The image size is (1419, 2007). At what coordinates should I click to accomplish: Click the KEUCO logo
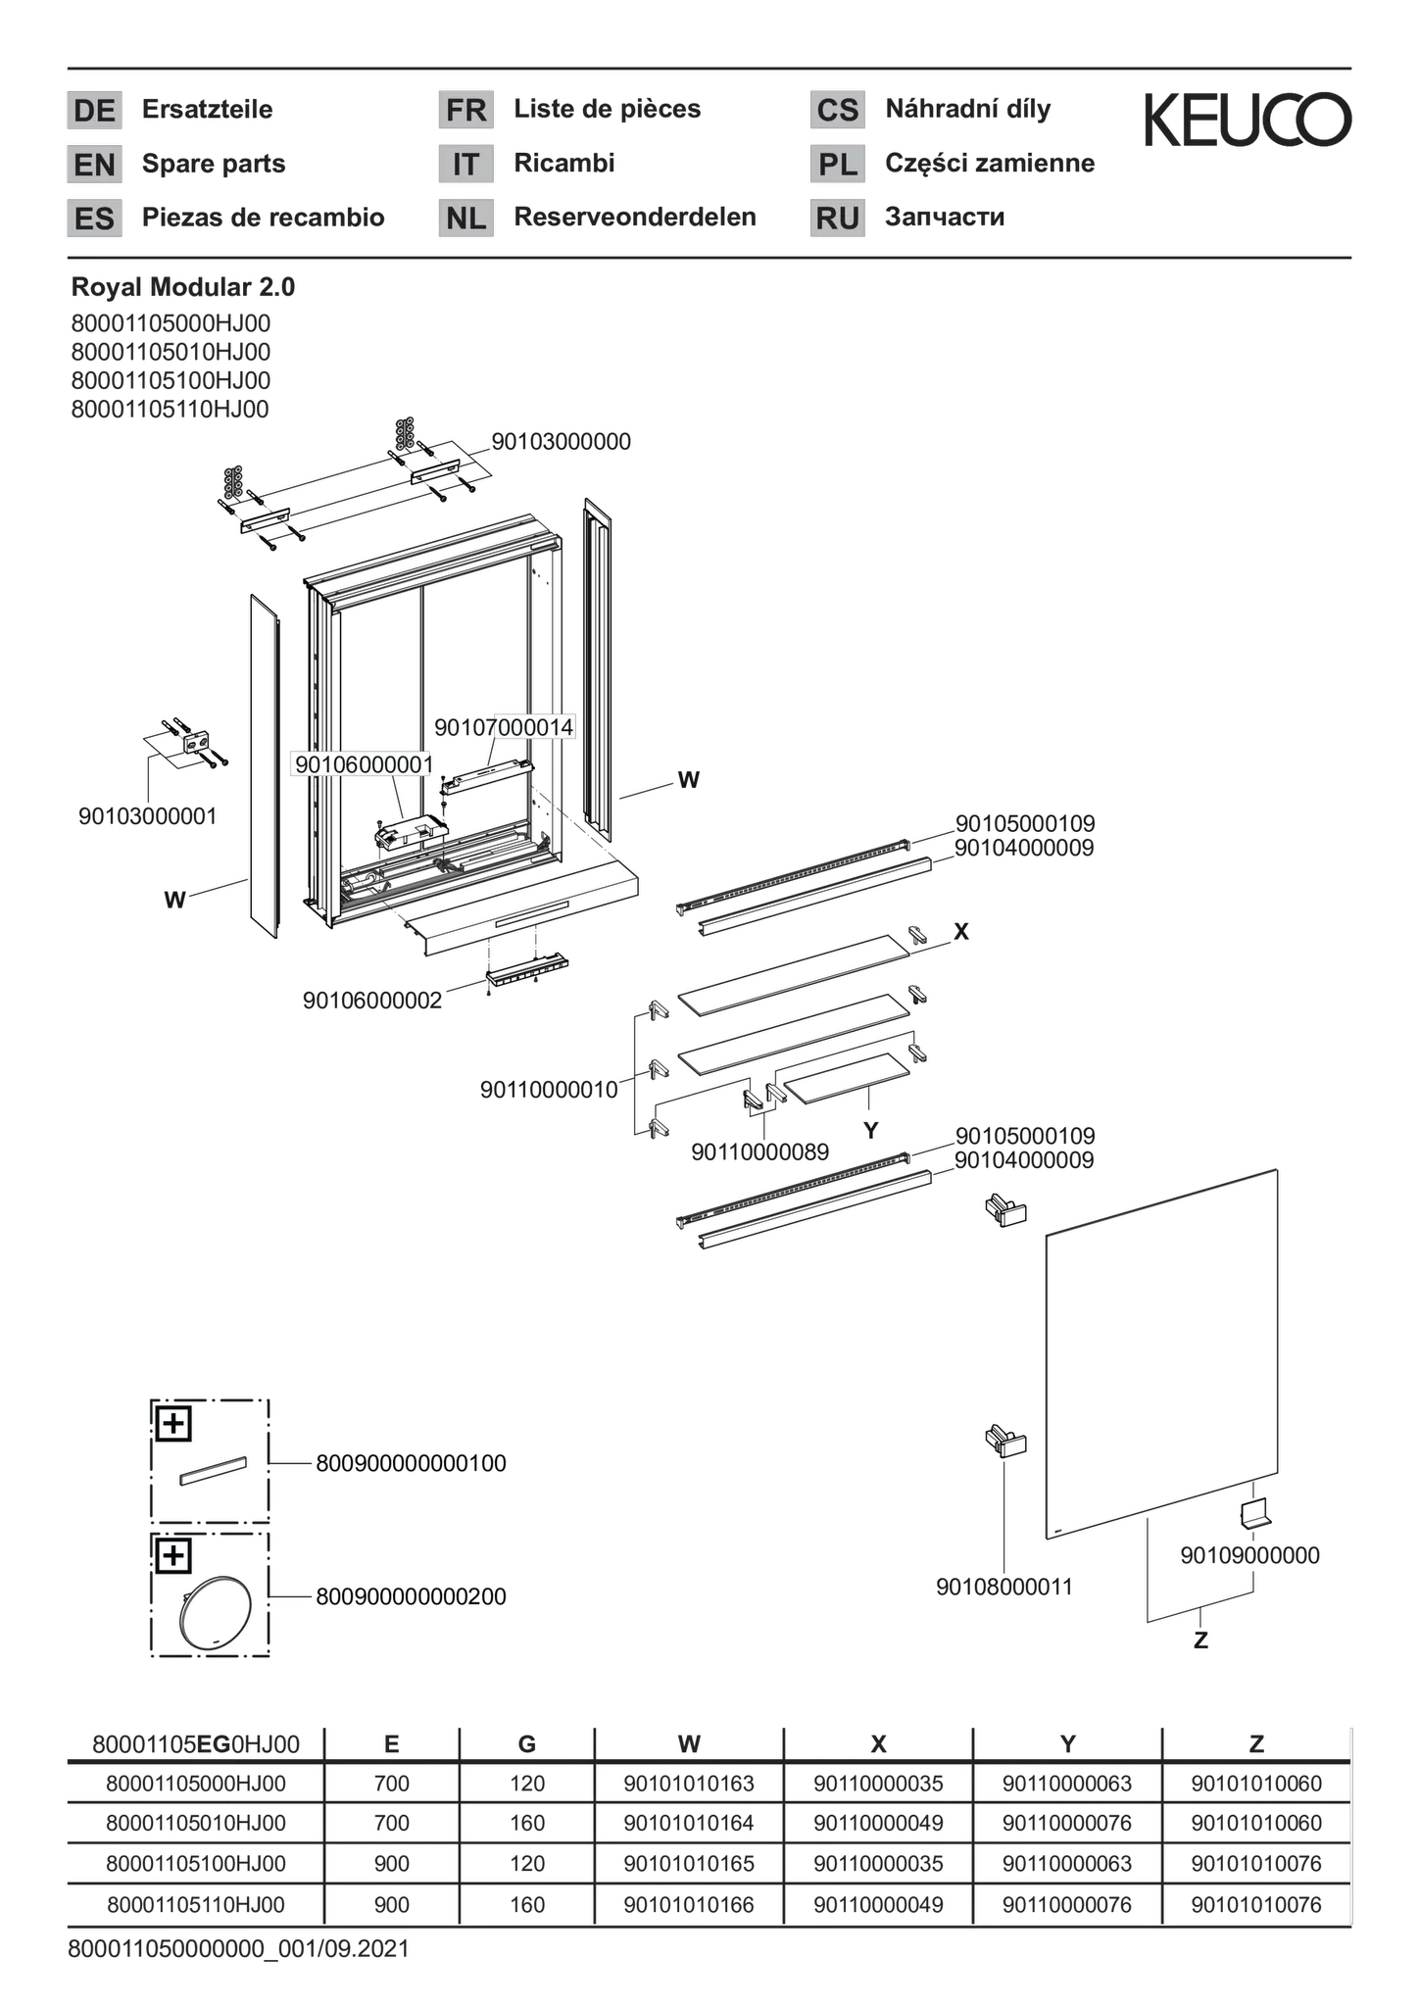click(x=1248, y=120)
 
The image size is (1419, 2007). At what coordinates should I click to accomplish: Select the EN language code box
click(x=94, y=164)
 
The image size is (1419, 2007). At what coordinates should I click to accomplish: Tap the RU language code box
click(x=837, y=218)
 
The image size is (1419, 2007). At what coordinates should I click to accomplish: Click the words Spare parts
click(x=214, y=163)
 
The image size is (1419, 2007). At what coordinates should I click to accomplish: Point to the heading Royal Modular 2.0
click(x=182, y=287)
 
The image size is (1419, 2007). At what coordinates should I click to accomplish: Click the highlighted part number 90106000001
click(x=361, y=764)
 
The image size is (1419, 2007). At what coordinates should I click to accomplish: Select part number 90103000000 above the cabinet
click(x=562, y=442)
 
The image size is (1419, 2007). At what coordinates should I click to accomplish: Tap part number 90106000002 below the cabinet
click(x=372, y=1001)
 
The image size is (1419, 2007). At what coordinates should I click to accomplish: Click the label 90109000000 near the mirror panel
click(x=1249, y=1555)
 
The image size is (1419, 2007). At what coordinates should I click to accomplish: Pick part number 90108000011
click(x=1004, y=1586)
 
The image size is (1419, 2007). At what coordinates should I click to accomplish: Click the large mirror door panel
click(x=1161, y=1352)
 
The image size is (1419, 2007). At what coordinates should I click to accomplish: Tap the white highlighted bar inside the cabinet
click(x=487, y=778)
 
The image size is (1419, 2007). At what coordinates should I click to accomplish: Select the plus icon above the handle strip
click(x=173, y=1423)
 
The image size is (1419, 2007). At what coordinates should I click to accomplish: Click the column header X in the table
click(x=878, y=1743)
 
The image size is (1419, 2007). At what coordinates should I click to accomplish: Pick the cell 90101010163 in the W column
click(x=689, y=1784)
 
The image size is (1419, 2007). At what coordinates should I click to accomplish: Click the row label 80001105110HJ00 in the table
click(x=196, y=1904)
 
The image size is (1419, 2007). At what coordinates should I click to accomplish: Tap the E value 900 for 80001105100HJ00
click(x=391, y=1863)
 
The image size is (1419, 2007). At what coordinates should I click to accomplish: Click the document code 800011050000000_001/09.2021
click(x=238, y=1948)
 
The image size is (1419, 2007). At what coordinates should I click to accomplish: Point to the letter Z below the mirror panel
click(x=1199, y=1640)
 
